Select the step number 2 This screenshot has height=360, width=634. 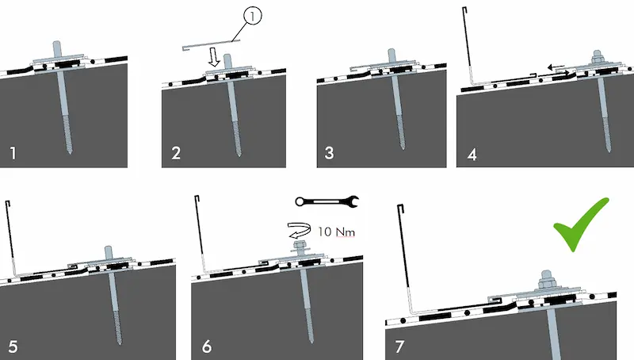pos(176,152)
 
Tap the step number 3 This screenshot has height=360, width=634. pos(329,152)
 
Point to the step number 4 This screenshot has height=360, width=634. pos(472,153)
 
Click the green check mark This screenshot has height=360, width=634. pos(581,225)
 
